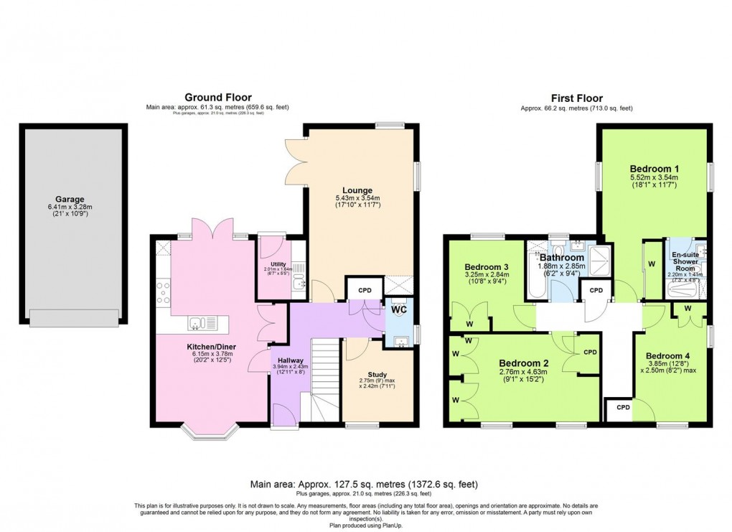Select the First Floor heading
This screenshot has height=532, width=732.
pos(576,98)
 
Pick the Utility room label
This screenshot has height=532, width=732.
pos(278,265)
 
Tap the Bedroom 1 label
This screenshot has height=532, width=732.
pos(654,169)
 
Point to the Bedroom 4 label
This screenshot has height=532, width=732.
pos(667,356)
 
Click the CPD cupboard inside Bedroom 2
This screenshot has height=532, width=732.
pos(590,353)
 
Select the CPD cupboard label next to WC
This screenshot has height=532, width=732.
pos(365,290)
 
